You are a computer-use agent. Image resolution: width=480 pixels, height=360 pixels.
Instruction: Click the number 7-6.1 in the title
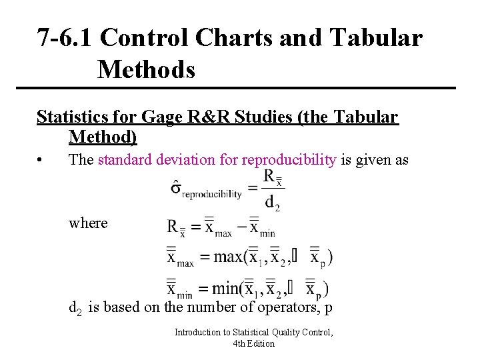pos(65,38)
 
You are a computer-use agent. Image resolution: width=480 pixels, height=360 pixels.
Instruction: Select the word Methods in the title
pos(146,69)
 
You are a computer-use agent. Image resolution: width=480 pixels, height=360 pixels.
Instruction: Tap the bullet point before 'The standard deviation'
pos(41,161)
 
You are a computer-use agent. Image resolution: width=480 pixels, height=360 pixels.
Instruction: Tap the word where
pos(88,223)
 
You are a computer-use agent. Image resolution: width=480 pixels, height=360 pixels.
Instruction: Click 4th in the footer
pos(240,343)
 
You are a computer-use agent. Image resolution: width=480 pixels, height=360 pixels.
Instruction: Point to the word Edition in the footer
pos(261,343)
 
